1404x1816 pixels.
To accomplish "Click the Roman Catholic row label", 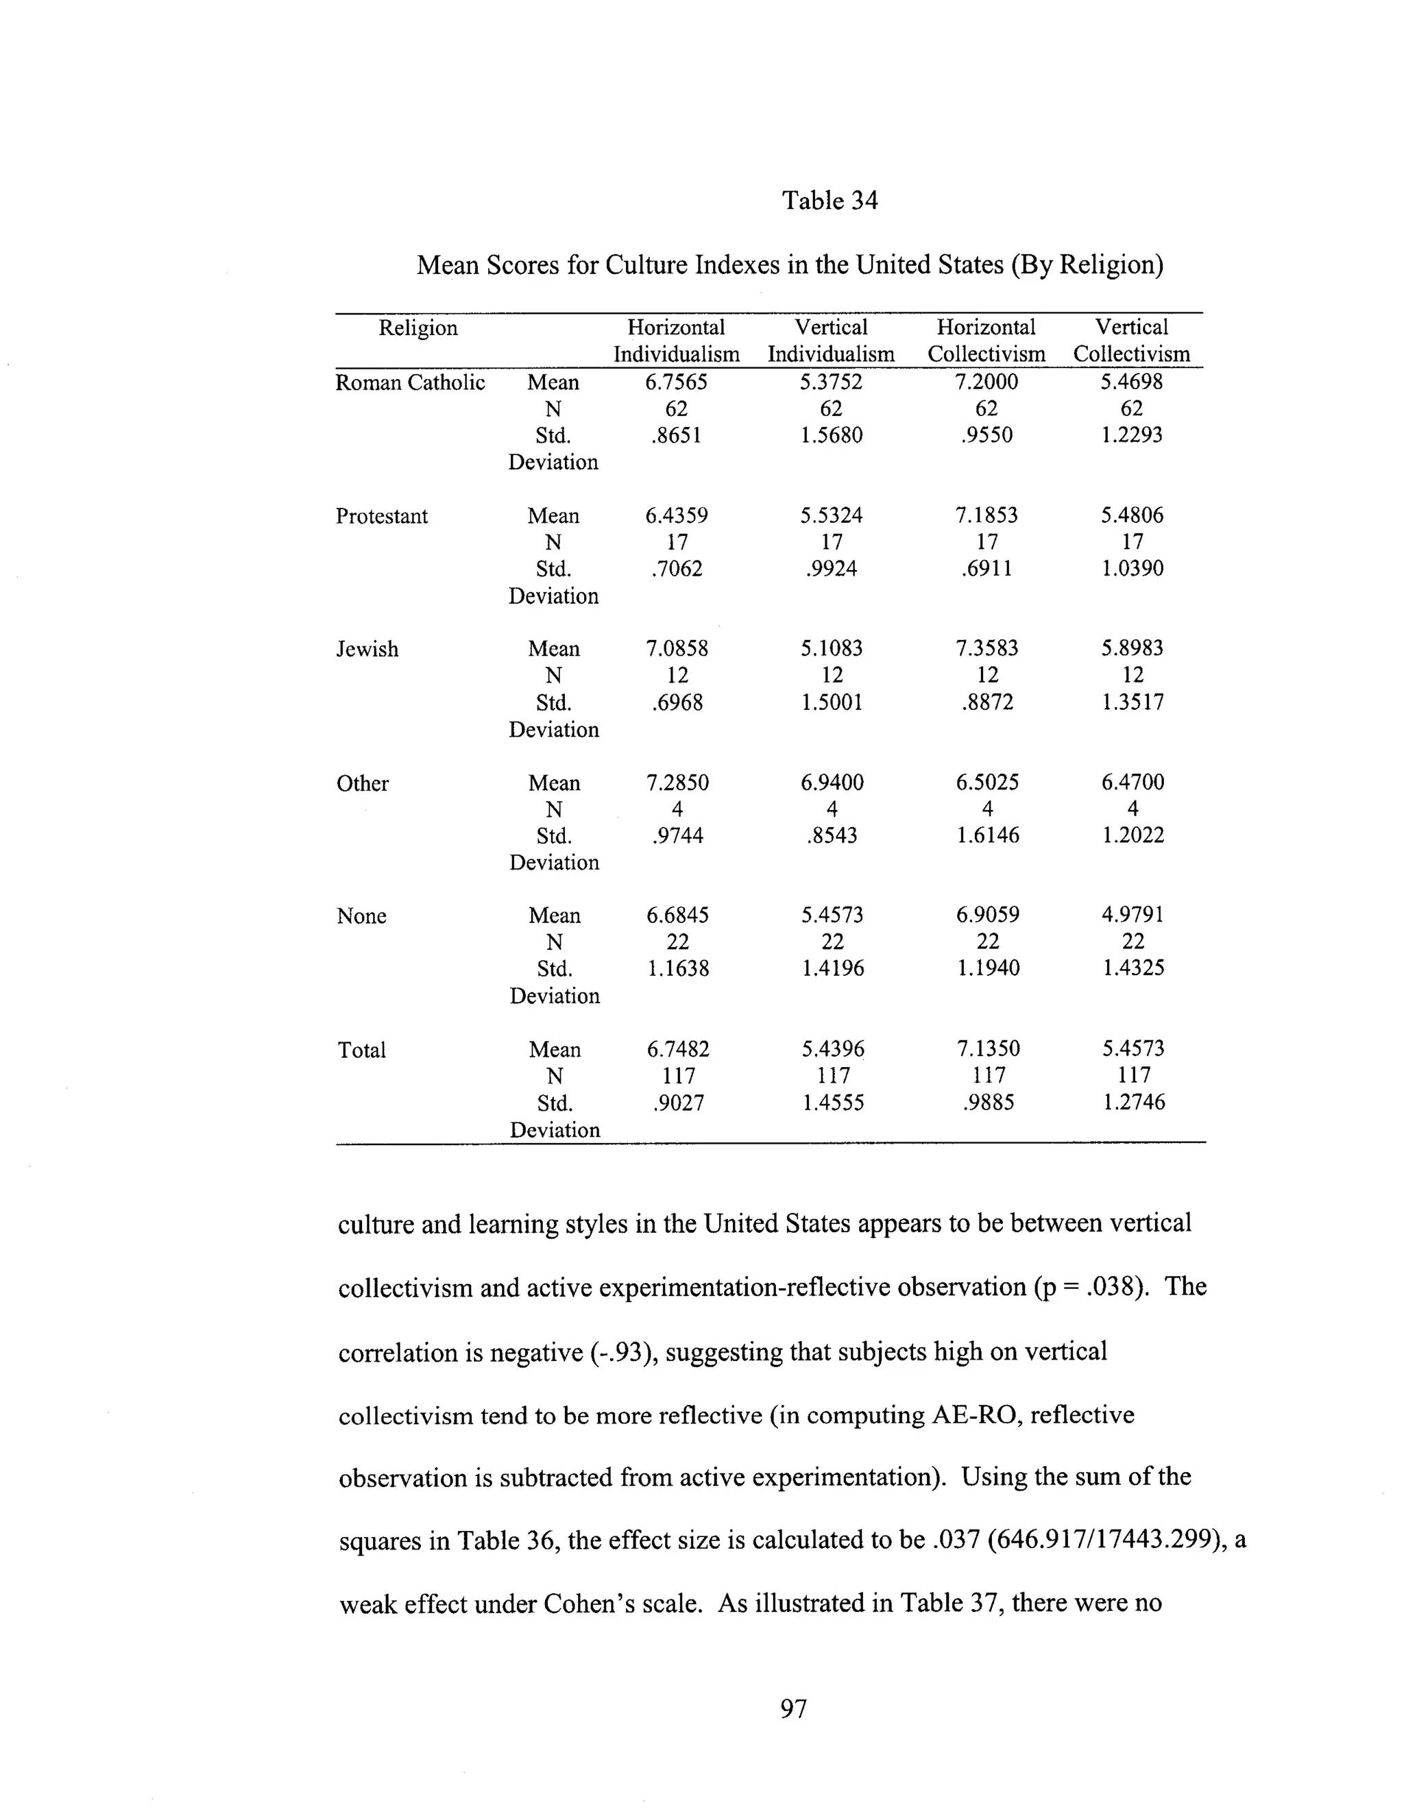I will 410,382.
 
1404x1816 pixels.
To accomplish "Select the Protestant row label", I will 382,517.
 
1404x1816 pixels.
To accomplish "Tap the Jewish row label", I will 367,650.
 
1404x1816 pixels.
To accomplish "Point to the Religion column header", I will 417,328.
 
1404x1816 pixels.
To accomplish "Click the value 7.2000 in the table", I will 987,382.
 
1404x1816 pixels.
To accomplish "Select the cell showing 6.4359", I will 676,515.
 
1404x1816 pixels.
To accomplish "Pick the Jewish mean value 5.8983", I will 1132,648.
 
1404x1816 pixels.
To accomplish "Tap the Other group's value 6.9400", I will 832,783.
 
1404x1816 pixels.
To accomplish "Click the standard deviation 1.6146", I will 987,835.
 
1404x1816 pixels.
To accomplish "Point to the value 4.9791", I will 1133,915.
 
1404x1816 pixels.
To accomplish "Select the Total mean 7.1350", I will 987,1048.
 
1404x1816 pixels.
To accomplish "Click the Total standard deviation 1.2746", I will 1133,1103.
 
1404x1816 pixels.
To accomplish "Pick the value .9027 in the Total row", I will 678,1103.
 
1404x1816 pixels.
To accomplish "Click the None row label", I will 361,916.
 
